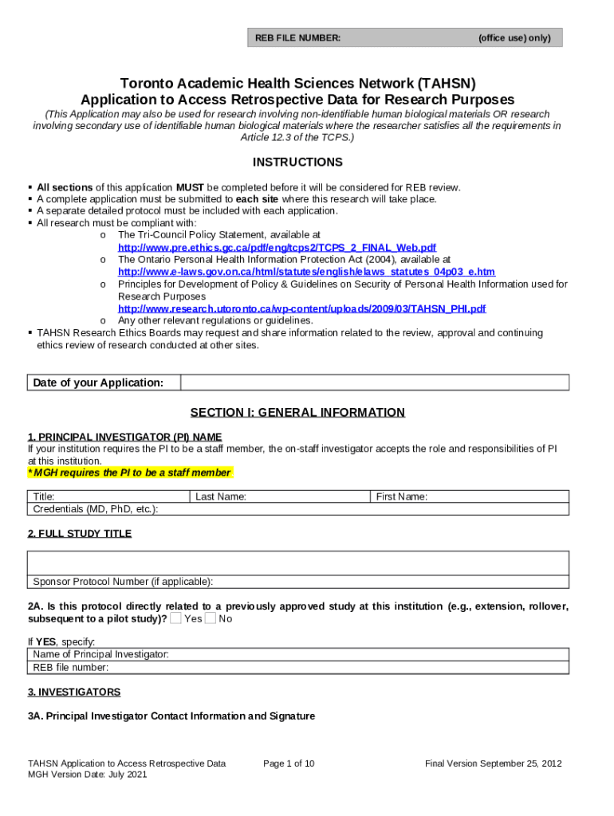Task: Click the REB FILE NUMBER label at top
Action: pyautogui.click(x=297, y=37)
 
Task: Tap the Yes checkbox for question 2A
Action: pyautogui.click(x=175, y=618)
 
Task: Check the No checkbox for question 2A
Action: pyautogui.click(x=211, y=618)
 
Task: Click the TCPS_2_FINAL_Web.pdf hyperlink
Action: pyautogui.click(x=277, y=248)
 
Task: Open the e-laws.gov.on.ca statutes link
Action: pyautogui.click(x=306, y=272)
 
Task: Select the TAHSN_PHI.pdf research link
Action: pyautogui.click(x=301, y=308)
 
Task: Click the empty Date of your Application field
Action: pyautogui.click(x=375, y=382)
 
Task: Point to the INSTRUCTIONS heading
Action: pyautogui.click(x=297, y=163)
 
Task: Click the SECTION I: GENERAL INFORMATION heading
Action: pyautogui.click(x=297, y=413)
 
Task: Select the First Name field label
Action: pyautogui.click(x=402, y=496)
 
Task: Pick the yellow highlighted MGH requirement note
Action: pyautogui.click(x=131, y=473)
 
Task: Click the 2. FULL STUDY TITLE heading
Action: pyautogui.click(x=80, y=533)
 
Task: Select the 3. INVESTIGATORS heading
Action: pyautogui.click(x=74, y=692)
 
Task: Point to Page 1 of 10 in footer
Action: pyautogui.click(x=289, y=763)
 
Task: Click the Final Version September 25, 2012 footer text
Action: pyautogui.click(x=494, y=763)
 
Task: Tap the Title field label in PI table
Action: pyautogui.click(x=44, y=496)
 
